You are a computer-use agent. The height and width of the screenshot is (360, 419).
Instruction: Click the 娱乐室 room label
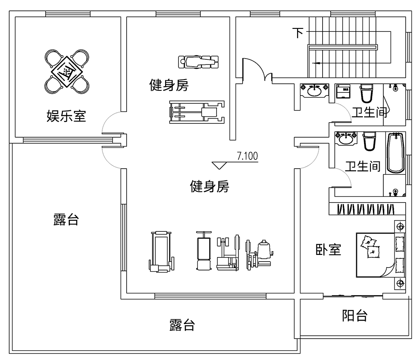tap(66, 116)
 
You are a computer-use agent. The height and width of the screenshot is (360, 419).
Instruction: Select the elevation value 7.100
tap(247, 157)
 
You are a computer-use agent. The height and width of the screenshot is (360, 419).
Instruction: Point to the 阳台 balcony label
tap(354, 316)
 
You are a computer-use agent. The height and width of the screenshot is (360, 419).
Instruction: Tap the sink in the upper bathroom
tap(314, 90)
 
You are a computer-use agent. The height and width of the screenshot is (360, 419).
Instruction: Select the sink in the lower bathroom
tap(346, 138)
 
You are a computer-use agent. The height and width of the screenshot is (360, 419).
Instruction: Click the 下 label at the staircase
tap(298, 33)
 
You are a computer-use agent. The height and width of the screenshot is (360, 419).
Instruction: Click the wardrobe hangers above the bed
tap(366, 208)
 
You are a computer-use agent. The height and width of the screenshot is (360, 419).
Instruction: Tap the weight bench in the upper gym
tap(199, 62)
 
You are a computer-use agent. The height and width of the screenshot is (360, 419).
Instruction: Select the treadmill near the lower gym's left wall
tap(161, 251)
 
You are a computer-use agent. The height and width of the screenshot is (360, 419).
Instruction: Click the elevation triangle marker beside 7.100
tap(219, 165)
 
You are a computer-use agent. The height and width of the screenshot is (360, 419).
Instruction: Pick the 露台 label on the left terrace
tap(66, 219)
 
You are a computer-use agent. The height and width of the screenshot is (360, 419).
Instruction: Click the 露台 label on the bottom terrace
tap(182, 325)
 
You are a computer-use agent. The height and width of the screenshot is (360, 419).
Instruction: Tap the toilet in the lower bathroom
tap(369, 141)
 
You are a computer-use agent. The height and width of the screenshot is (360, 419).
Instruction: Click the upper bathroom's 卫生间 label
tap(369, 112)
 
